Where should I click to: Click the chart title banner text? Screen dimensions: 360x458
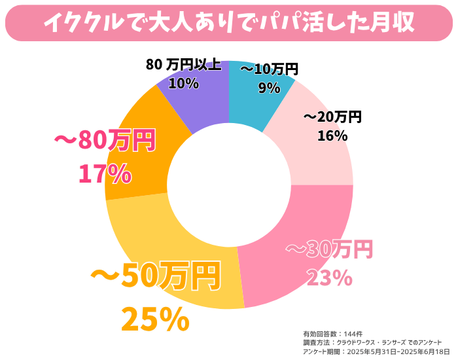coord(228,22)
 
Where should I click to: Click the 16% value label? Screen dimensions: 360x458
coord(332,135)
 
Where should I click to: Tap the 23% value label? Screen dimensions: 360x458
coord(329,278)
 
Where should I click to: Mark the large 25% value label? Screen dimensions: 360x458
coord(155,319)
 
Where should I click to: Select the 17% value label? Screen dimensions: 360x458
coord(105,173)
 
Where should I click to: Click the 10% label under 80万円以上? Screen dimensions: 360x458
coord(183,83)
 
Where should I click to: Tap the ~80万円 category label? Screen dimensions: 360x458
coord(105,140)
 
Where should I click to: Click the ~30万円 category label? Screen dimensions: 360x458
coord(329,249)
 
